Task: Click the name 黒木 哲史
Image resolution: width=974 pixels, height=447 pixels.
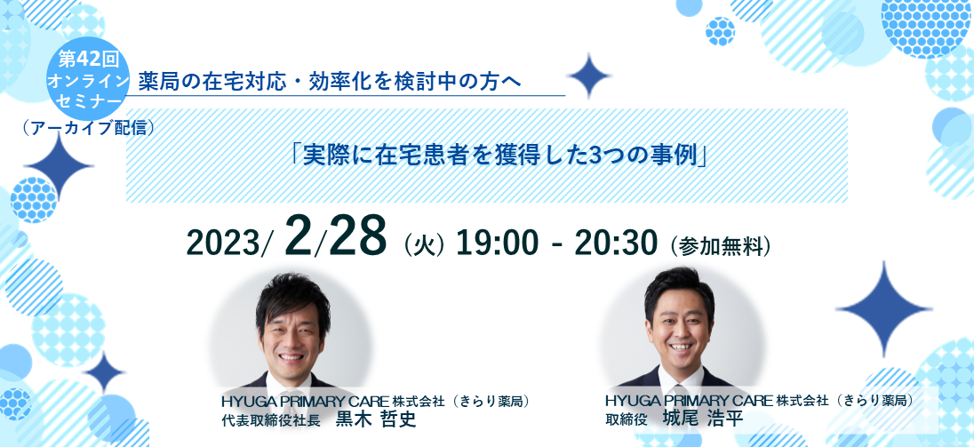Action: point(374,419)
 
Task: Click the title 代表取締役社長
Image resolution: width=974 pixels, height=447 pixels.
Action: point(271,420)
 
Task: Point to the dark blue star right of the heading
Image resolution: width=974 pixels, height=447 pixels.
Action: point(589,76)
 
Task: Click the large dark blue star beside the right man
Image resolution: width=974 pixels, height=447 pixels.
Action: point(883,308)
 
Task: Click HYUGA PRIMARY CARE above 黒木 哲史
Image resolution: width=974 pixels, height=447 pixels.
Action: point(306,402)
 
